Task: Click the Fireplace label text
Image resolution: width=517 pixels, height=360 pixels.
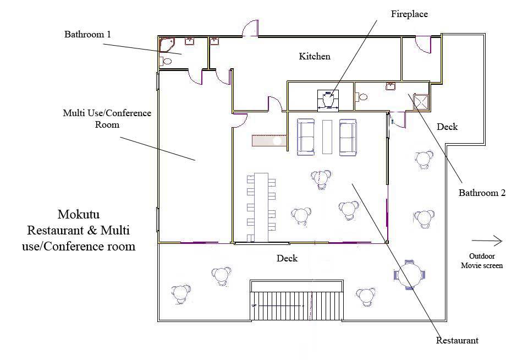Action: [409, 14]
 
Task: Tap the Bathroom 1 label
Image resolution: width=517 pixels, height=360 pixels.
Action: [87, 34]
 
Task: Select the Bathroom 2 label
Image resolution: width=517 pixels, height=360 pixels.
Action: [482, 193]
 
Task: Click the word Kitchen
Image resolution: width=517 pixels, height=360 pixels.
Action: [315, 56]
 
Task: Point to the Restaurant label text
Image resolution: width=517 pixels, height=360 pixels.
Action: [457, 340]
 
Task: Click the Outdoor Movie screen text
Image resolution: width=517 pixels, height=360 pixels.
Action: [486, 260]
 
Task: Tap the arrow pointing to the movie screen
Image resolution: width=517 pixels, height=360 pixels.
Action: [487, 241]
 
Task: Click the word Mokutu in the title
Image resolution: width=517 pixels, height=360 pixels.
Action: [79, 214]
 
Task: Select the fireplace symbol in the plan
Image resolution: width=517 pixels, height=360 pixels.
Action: [328, 101]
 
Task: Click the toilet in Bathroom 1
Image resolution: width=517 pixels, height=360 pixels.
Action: [166, 61]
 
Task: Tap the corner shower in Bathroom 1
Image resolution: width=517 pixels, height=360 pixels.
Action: [166, 43]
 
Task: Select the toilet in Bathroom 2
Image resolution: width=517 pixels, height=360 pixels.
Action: [361, 97]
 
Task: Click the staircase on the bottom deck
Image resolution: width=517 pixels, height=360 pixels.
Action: [297, 300]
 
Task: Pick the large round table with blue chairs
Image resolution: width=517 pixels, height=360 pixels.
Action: [410, 274]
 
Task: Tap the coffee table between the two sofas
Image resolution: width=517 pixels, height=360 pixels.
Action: [328, 137]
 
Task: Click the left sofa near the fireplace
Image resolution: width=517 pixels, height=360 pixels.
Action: [306, 137]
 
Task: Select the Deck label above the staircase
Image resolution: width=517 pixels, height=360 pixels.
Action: [287, 258]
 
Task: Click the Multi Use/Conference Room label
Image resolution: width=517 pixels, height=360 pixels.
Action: [107, 118]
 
